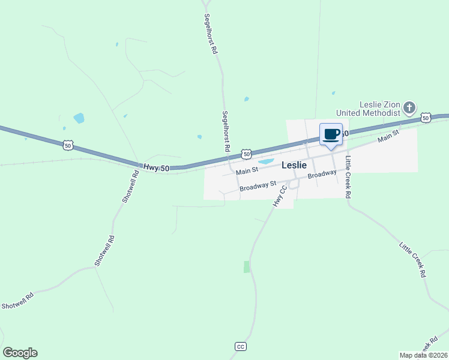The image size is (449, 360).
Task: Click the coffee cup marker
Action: coord(331,134)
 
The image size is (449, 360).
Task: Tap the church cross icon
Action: coord(409,108)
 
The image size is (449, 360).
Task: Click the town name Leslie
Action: coord(294,165)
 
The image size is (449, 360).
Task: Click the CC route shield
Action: coord(240,347)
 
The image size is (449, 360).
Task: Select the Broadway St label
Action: coord(257,187)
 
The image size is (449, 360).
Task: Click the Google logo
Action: coord(20,353)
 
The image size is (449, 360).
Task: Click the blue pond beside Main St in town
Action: coord(265,161)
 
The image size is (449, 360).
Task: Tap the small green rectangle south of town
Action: coord(246,267)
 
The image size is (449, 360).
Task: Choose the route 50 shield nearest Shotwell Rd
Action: coord(68,145)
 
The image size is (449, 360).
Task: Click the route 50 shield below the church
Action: coord(426,118)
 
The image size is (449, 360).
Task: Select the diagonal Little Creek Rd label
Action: coord(413,259)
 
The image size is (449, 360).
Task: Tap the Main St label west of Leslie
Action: coord(247,171)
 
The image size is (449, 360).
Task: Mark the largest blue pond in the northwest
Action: coord(79,118)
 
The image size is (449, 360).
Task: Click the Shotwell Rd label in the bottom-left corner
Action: coord(17,299)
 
